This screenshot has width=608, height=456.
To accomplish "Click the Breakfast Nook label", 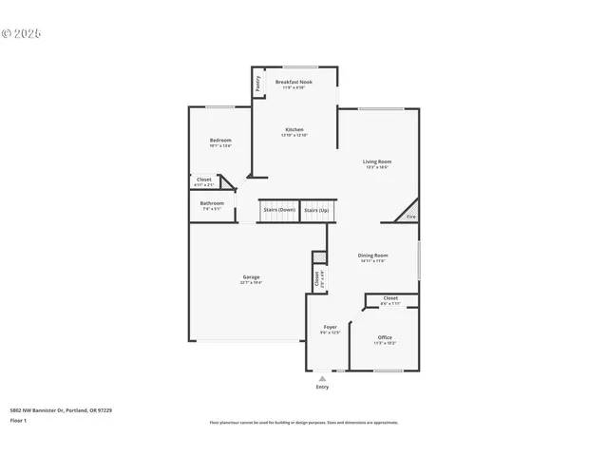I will point(294,83).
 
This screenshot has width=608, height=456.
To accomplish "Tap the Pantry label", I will point(258,84).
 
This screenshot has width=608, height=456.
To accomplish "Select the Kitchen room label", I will point(294,129).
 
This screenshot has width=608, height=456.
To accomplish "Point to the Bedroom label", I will point(220,141).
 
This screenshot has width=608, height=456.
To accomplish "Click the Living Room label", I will point(377,161).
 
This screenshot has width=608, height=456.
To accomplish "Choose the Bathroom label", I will point(212,202).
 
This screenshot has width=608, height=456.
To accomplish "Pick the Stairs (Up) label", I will point(316,209).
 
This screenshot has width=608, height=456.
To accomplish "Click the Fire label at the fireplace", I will point(411,217).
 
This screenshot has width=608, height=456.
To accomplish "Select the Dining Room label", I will point(372,256).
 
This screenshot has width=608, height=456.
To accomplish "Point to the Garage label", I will point(251,277).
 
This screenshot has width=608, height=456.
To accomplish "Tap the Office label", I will point(385,337).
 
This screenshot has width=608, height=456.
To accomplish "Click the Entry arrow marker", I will point(322,378).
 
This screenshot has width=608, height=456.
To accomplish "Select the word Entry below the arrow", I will point(322,388).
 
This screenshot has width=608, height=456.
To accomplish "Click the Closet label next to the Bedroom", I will point(204,179).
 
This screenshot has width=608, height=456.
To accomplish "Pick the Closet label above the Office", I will point(390,298).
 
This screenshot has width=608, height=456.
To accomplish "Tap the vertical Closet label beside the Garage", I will point(316,280).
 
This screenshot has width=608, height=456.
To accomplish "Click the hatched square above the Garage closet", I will point(319,257).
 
